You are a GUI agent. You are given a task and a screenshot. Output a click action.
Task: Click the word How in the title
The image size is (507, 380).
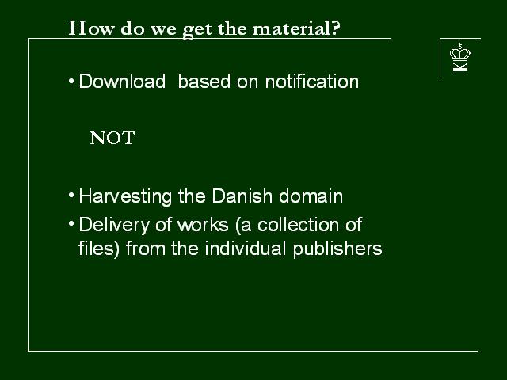pos(91,28)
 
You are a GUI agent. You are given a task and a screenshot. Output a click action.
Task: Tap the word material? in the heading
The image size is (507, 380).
pos(295,28)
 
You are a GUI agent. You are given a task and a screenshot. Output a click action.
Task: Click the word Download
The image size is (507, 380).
pos(122,81)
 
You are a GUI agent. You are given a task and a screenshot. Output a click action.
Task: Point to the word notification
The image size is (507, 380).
pos(311,81)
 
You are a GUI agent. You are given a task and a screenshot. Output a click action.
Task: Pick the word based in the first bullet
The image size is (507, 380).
pos(204,81)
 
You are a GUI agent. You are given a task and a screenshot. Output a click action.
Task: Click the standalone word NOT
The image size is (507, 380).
pos(112,138)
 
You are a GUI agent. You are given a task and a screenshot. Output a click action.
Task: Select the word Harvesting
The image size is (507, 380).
pos(125,197)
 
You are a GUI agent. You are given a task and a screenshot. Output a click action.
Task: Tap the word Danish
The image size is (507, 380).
pos(242,196)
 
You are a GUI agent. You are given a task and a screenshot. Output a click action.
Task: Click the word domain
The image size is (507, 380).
pos(311,196)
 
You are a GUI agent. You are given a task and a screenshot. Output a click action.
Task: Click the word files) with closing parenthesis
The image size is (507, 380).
pos(99,249)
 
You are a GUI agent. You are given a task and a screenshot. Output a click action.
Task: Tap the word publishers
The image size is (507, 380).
pos(337,249)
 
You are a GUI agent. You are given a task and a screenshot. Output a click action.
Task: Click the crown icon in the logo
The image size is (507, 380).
pos(460,51)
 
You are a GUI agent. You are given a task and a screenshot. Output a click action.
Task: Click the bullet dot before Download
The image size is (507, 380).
pos(71,81)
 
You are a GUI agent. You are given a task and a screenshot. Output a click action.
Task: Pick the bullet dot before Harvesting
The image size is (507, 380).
pos(71,196)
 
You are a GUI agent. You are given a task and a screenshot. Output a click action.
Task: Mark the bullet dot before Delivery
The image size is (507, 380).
pos(71,223)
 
